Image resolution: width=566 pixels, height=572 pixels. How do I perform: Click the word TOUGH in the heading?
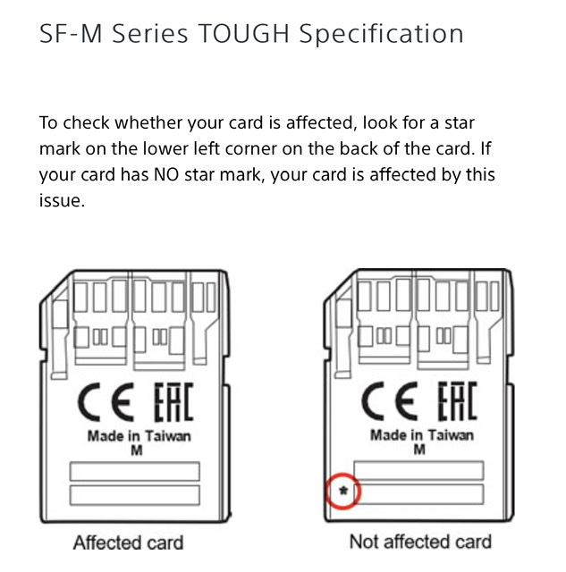(244, 34)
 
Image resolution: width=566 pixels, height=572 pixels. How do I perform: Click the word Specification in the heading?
(381, 35)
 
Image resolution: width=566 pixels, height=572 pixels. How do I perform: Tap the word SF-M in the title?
(71, 34)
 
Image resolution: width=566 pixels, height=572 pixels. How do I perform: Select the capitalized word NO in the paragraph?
(166, 175)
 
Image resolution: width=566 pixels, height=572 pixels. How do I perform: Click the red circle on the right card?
(342, 474)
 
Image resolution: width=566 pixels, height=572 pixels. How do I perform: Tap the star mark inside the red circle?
(343, 491)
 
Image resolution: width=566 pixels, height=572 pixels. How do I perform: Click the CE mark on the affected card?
(106, 402)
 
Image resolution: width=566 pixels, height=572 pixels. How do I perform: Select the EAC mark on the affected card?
(173, 401)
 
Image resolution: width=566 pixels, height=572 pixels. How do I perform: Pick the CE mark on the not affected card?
(389, 401)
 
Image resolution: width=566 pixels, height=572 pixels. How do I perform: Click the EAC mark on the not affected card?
(457, 400)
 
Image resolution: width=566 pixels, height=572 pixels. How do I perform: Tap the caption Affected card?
(128, 543)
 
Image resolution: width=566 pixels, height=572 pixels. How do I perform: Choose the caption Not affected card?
(420, 542)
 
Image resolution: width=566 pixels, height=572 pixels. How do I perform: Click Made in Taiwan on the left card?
(139, 436)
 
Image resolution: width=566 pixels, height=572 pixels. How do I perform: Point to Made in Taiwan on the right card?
(422, 435)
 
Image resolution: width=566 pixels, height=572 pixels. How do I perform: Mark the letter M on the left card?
(137, 450)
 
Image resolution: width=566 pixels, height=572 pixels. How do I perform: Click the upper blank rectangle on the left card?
(135, 471)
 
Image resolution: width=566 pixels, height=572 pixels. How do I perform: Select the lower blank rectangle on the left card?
(135, 495)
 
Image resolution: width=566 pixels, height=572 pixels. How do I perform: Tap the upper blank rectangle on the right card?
(418, 471)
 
